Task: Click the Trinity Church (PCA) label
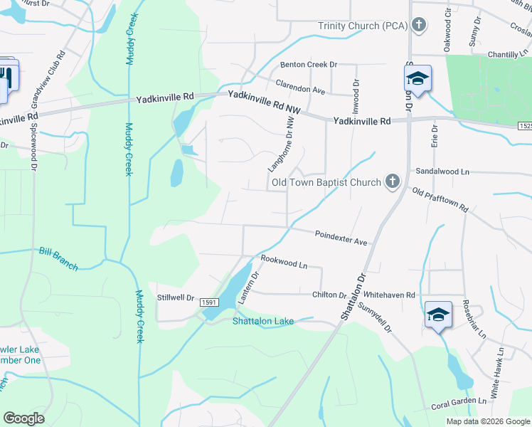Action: pyautogui.click(x=362, y=26)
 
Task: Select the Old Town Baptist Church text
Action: pyautogui.click(x=326, y=183)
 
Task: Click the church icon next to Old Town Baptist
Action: pyautogui.click(x=392, y=182)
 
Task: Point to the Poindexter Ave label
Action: pyautogui.click(x=341, y=238)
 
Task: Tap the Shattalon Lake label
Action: pyautogui.click(x=263, y=322)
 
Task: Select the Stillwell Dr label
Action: pyautogui.click(x=176, y=298)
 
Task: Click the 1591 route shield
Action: pyautogui.click(x=209, y=302)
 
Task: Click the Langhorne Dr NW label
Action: pyautogui.click(x=280, y=144)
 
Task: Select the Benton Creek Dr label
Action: pyautogui.click(x=307, y=65)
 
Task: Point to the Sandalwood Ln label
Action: pyautogui.click(x=442, y=172)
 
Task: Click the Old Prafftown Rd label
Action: pyautogui.click(x=440, y=199)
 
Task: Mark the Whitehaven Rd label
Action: pyautogui.click(x=388, y=295)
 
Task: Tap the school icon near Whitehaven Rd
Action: pyautogui.click(x=438, y=314)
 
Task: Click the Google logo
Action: pyautogui.click(x=24, y=418)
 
